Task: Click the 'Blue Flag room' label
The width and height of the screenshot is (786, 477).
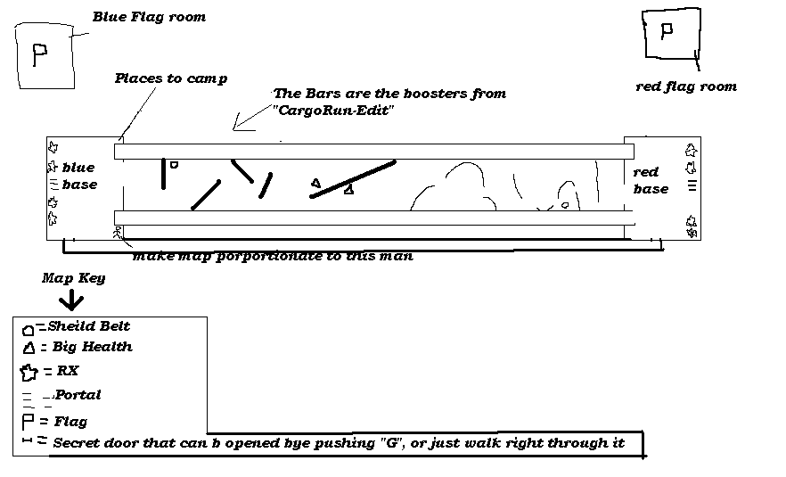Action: pyautogui.click(x=150, y=17)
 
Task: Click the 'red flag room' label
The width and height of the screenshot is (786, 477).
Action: pyautogui.click(x=685, y=86)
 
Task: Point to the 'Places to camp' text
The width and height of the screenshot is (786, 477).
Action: pyautogui.click(x=171, y=78)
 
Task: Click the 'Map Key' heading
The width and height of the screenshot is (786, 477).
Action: pyautogui.click(x=73, y=278)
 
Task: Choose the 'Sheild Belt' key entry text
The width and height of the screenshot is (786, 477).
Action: pyautogui.click(x=89, y=326)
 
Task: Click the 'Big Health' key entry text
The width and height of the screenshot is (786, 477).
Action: pyautogui.click(x=92, y=347)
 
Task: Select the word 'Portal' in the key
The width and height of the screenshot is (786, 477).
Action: pyautogui.click(x=78, y=394)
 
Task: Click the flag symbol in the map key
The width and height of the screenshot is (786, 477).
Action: pyautogui.click(x=28, y=421)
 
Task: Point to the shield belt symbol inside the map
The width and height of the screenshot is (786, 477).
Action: pyautogui.click(x=174, y=164)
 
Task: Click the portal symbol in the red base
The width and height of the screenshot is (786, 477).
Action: pyautogui.click(x=691, y=186)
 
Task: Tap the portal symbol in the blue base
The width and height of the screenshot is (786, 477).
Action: pyautogui.click(x=53, y=185)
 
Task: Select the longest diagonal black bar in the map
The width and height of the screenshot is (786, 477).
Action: pyautogui.click(x=353, y=178)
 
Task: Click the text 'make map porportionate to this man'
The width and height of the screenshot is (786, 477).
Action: pyautogui.click(x=273, y=256)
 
